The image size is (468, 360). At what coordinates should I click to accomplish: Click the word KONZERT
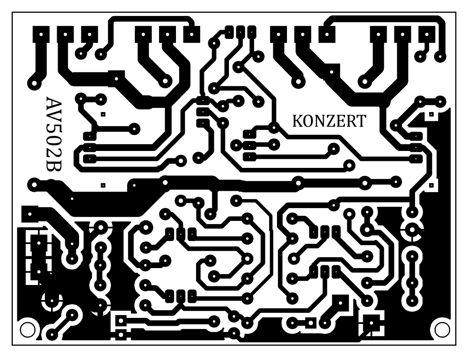[329, 121]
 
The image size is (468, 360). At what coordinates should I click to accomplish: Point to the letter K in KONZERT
[298, 121]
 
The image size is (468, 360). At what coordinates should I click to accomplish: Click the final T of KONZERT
[361, 121]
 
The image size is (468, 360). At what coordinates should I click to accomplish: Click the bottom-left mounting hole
[27, 330]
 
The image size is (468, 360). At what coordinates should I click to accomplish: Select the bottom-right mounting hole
[442, 330]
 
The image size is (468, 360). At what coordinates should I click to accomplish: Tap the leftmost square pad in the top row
[41, 34]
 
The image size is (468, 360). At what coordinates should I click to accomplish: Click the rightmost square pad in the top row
[427, 34]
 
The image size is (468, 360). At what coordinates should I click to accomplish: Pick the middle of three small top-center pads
[240, 31]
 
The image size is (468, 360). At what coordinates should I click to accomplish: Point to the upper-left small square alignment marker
[103, 114]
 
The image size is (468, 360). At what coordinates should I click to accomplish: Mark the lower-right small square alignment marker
[431, 185]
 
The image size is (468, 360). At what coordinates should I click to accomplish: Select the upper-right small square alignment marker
[431, 114]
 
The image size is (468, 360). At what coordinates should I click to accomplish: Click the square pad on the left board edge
[30, 214]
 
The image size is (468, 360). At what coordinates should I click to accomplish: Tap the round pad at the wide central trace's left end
[34, 185]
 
